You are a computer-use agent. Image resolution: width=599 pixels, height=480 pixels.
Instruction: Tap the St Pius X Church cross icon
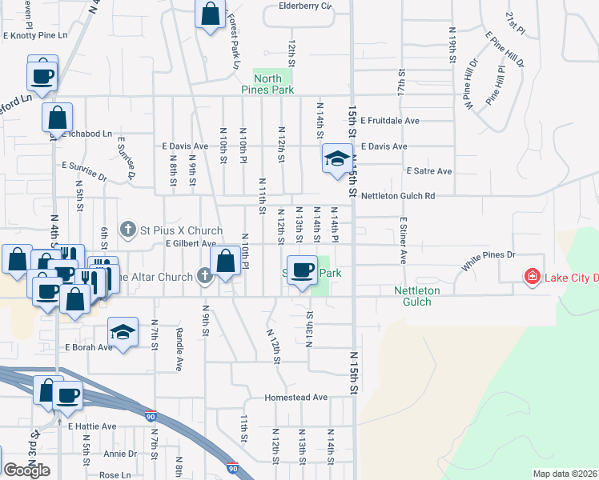(127, 230)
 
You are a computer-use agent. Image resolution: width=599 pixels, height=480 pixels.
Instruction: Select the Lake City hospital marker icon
(531, 277)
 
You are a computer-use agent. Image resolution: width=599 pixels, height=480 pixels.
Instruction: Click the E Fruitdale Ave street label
(390, 121)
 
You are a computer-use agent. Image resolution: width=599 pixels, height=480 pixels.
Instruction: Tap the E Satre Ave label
(429, 171)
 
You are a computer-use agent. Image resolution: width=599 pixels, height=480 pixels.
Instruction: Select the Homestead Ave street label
(297, 397)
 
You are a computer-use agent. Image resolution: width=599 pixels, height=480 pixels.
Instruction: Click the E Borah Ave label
(89, 347)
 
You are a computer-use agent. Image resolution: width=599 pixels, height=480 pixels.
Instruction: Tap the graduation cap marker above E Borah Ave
(123, 332)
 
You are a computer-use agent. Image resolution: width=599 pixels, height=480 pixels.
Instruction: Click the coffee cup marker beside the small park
(303, 269)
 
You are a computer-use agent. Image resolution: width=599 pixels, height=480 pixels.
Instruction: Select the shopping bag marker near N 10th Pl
(225, 261)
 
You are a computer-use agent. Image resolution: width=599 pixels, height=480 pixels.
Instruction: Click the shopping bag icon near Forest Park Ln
(210, 14)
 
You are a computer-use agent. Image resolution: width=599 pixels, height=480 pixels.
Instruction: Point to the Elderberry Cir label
(305, 6)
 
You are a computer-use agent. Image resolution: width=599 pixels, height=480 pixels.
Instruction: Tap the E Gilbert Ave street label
(191, 243)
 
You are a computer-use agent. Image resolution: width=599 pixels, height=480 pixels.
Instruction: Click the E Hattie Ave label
(92, 426)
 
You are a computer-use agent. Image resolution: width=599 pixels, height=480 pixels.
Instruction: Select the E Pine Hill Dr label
(505, 50)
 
